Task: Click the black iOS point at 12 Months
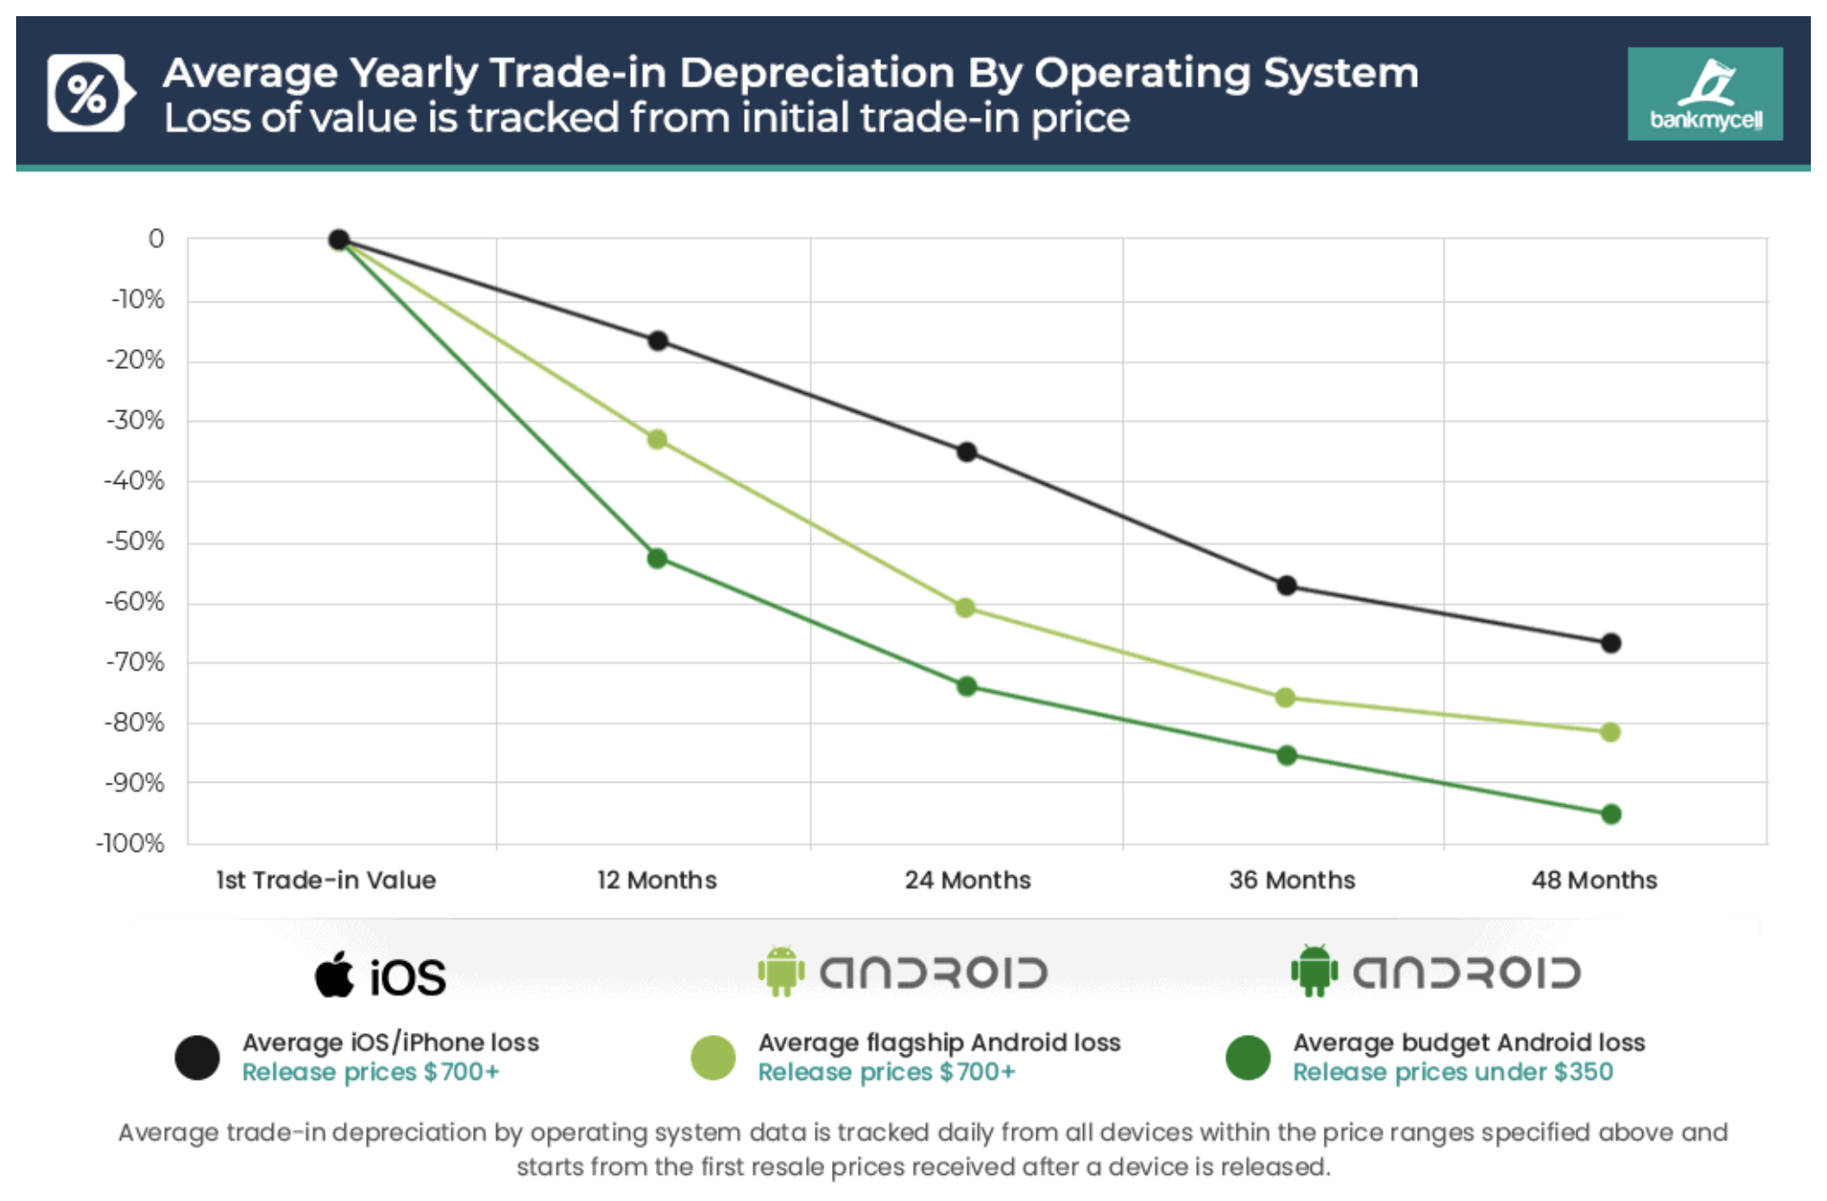(x=658, y=341)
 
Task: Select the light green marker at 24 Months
(x=966, y=608)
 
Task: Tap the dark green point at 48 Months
(x=1611, y=814)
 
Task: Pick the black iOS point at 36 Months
(x=1287, y=585)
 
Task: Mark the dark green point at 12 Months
(x=657, y=558)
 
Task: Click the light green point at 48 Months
(x=1610, y=732)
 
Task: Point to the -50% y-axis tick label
(x=135, y=541)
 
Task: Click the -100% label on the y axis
(x=131, y=843)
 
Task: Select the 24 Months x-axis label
(x=967, y=880)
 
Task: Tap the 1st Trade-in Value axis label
(x=326, y=880)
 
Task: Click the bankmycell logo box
(x=1705, y=93)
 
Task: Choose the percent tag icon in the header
(x=88, y=93)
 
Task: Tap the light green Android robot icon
(x=781, y=971)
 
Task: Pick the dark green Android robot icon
(x=1315, y=971)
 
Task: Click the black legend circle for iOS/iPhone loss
(x=197, y=1057)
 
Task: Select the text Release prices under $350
(x=1452, y=1072)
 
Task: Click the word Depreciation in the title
(x=817, y=73)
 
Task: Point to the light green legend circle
(x=713, y=1057)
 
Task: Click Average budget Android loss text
(x=1468, y=1042)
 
